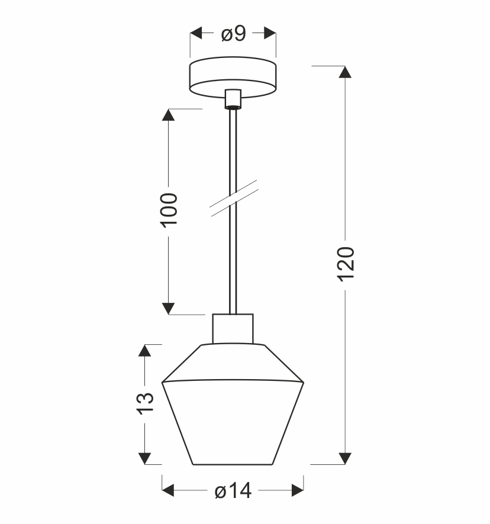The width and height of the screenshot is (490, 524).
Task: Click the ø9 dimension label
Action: click(234, 34)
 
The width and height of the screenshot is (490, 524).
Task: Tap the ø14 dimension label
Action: click(233, 491)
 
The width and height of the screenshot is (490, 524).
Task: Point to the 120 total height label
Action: click(346, 264)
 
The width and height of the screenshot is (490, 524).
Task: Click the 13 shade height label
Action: click(146, 403)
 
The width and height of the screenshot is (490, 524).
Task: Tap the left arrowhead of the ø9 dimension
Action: click(196, 33)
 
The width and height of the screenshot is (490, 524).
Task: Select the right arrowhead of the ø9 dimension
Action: click(270, 33)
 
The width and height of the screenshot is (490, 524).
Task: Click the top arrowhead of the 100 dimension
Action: click(168, 115)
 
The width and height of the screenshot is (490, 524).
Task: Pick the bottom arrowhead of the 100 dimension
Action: click(168, 309)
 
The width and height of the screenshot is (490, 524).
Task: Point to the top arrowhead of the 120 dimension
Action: click(345, 72)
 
